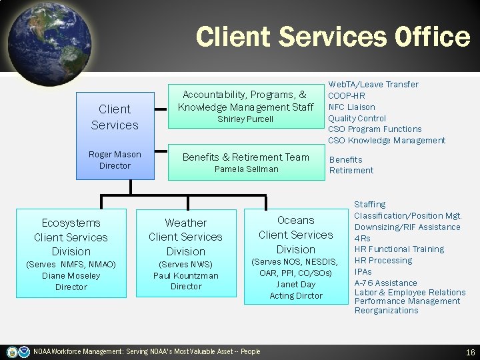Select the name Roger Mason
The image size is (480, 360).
(x=115, y=155)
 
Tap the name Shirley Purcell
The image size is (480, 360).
(x=246, y=119)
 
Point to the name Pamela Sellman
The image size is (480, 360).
(x=246, y=169)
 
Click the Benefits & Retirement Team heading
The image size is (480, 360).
(x=246, y=157)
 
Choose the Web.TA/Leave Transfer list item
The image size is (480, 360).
(x=373, y=85)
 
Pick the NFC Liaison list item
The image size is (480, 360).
(x=351, y=107)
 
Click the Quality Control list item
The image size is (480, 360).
(x=357, y=118)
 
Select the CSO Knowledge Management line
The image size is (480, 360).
(x=387, y=140)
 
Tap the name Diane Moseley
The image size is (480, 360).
(x=71, y=276)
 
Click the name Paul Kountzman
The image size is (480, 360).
(x=186, y=275)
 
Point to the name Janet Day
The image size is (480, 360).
(x=296, y=285)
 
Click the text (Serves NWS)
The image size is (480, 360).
(x=186, y=265)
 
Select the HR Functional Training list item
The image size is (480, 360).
(x=399, y=249)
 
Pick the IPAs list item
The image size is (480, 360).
(x=363, y=272)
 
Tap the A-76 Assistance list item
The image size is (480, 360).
(x=386, y=283)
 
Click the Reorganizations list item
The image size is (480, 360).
(x=387, y=311)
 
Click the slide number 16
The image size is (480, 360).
(x=470, y=352)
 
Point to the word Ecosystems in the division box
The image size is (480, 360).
(x=71, y=223)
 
